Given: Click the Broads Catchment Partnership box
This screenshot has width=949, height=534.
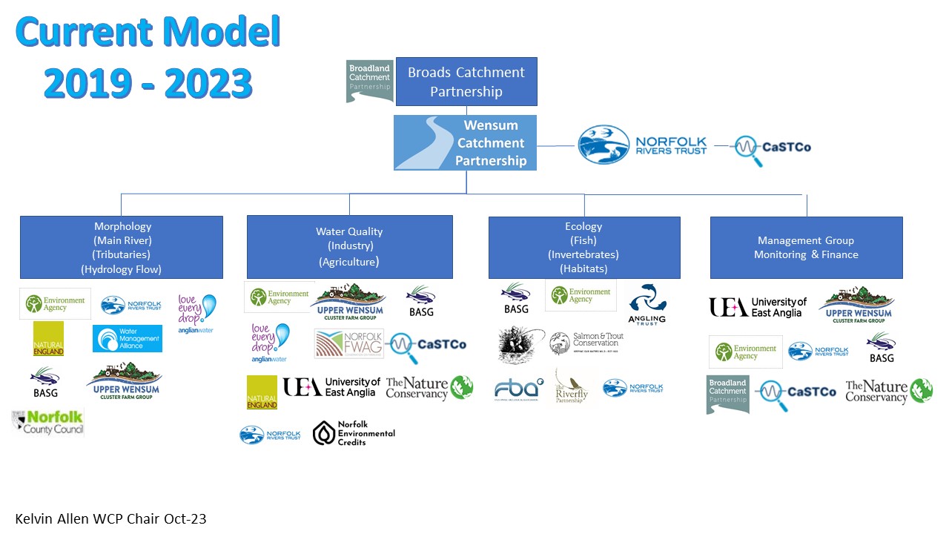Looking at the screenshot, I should tap(466, 82).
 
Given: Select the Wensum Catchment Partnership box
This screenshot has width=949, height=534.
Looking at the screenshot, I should tap(465, 142).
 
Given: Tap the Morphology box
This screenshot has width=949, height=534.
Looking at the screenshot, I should tap(122, 248).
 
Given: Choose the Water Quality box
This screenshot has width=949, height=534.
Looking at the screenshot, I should tap(349, 246).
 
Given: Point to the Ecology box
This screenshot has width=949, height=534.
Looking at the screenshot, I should tap(583, 248).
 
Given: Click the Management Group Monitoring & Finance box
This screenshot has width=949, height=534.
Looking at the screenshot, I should tap(806, 248).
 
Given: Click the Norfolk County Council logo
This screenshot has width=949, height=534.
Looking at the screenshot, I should tap(48, 421).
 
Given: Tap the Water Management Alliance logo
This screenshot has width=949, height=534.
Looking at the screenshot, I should tap(127, 338).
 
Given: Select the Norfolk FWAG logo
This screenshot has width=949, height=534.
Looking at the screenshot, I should tap(349, 343).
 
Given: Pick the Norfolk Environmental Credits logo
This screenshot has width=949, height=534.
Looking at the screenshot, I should tap(354, 433).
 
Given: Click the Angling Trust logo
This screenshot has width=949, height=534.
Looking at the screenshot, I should tap(647, 303).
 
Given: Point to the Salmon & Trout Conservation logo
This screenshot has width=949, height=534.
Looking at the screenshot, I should tap(586, 343).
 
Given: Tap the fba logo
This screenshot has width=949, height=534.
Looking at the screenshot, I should tap(519, 388).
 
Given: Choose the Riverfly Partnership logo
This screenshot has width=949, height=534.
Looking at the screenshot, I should tap(572, 386).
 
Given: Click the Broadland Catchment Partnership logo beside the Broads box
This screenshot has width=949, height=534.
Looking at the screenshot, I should tap(369, 80).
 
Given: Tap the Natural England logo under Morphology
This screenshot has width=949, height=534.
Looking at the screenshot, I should tap(48, 339).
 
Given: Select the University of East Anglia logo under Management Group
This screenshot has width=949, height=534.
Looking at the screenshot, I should tap(757, 307).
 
